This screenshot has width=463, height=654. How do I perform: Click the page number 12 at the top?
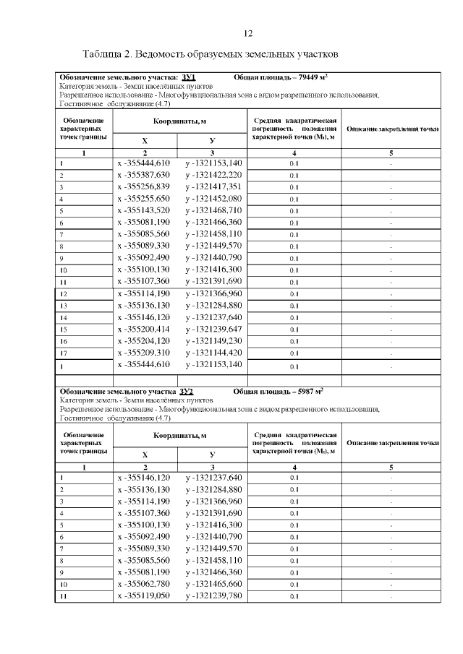248,33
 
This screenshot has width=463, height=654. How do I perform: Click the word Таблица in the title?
104,55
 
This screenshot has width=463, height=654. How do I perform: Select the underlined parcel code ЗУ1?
190,77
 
